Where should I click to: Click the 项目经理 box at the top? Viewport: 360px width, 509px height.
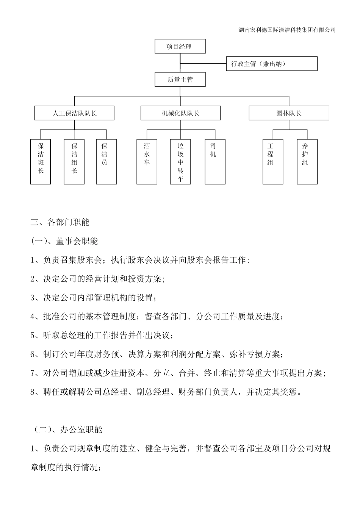180,47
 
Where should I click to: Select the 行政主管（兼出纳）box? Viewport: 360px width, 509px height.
271,64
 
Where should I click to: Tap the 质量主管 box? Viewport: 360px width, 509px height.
180,80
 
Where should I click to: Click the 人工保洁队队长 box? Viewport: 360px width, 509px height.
74,113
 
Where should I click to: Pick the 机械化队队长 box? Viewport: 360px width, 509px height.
180,113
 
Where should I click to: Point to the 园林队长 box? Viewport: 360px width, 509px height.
289,113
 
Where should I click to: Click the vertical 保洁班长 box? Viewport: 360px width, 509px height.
41,162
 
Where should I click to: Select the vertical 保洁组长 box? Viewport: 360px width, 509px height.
74,162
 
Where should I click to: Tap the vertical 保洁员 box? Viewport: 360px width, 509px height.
106,162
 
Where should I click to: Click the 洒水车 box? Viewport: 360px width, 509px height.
147,162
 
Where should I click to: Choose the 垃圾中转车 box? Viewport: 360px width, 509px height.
180,162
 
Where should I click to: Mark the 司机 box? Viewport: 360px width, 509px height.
215,162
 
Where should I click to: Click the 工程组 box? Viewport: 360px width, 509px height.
273,162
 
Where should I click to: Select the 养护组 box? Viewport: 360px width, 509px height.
307,162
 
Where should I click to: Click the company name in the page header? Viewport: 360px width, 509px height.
287,30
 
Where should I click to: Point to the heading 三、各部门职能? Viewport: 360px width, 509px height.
60,222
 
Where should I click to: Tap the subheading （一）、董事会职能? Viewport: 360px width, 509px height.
64,241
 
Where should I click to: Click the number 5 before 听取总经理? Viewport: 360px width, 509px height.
33,336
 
